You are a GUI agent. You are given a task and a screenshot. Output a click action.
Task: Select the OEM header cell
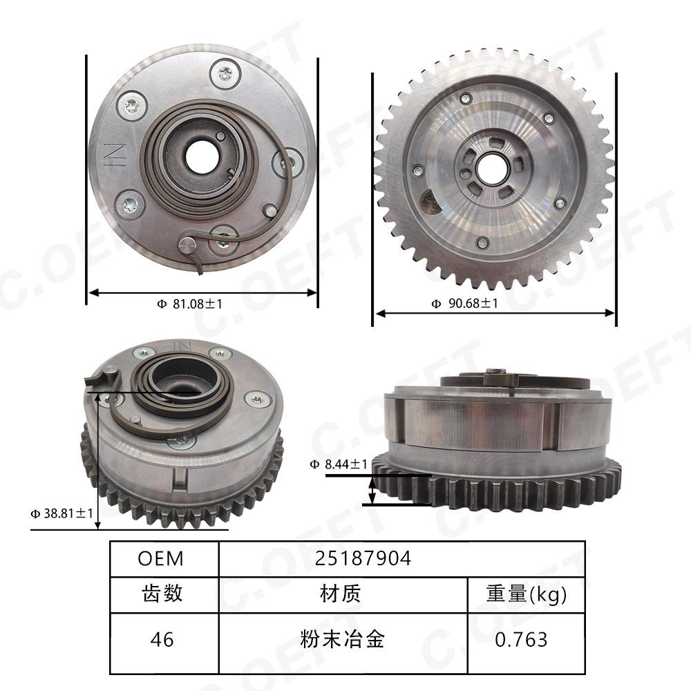pos(161,558)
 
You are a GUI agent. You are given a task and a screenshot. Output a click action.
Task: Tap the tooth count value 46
pos(162,639)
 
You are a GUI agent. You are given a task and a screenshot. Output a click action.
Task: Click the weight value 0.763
pos(521,639)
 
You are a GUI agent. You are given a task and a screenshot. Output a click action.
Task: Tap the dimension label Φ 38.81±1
pos(61,513)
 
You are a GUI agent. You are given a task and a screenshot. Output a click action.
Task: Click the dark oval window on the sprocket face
pos(430,203)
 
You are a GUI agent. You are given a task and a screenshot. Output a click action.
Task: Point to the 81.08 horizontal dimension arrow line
pos(202,292)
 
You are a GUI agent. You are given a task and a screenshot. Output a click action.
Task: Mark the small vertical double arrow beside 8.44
pos(372,490)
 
